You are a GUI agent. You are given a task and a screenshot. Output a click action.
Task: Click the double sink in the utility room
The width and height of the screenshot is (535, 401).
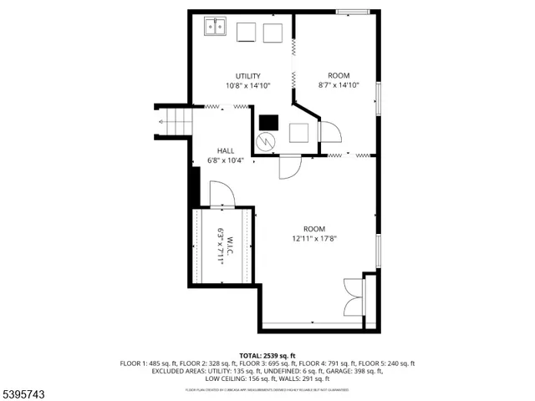[214, 28]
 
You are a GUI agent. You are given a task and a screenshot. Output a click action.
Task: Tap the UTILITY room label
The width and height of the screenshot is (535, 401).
[247, 76]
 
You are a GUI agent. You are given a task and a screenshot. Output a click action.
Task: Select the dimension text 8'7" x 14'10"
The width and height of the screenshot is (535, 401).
[339, 85]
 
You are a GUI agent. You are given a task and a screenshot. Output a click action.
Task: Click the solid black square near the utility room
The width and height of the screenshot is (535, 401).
[267, 121]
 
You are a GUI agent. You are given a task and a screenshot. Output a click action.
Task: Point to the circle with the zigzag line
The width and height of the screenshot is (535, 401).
[267, 142]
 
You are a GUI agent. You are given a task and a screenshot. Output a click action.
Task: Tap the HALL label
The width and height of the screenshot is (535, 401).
[226, 150]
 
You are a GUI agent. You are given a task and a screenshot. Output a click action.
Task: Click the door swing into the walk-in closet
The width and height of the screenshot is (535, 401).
[222, 196]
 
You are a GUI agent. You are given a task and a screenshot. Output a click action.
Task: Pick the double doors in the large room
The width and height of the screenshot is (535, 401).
[354, 297]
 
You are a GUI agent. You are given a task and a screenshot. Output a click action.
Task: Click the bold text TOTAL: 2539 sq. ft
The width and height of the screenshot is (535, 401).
[267, 355]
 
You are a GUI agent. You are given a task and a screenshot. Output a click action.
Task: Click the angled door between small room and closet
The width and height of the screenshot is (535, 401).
[327, 132]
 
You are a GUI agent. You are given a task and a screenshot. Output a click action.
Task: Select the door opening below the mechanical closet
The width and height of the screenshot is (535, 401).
[289, 166]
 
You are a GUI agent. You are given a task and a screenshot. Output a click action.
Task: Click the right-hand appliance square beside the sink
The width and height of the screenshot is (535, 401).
[273, 33]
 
